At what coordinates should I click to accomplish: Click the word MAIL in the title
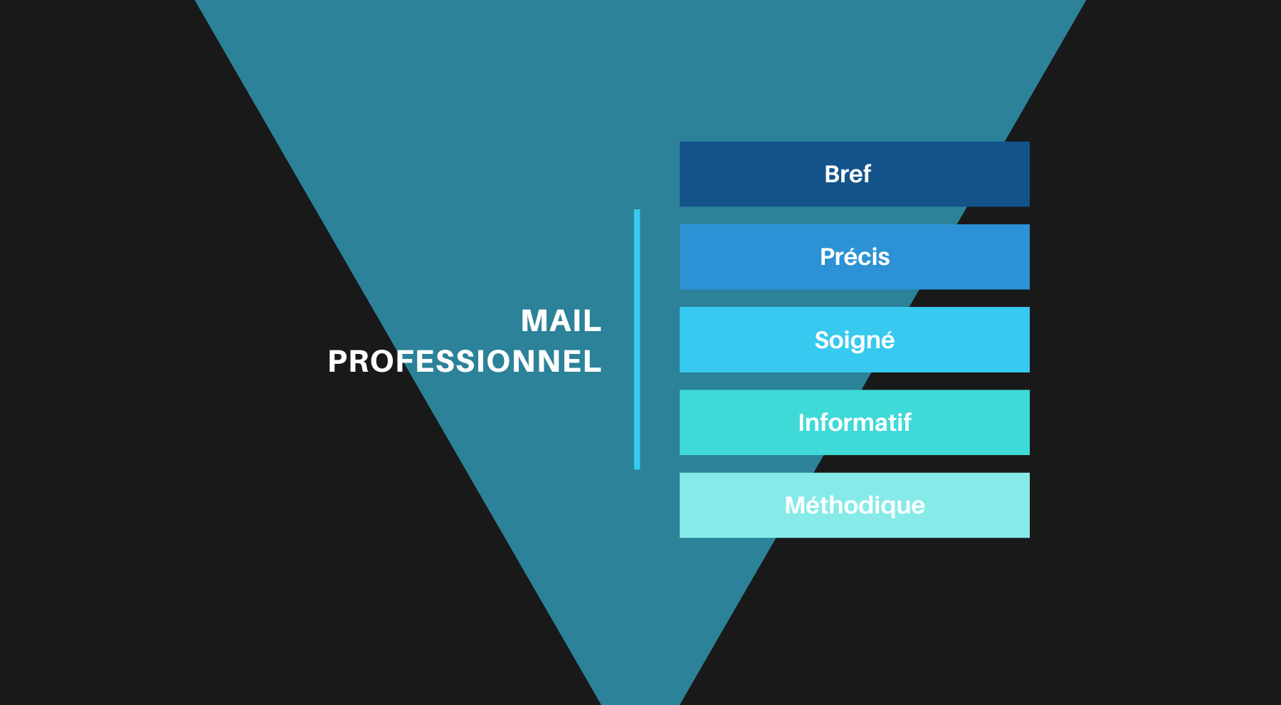pyautogui.click(x=561, y=321)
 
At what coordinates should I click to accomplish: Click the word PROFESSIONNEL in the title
pyautogui.click(x=465, y=362)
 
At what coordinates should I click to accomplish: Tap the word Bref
pyautogui.click(x=847, y=174)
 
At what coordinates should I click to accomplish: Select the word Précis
pyautogui.click(x=854, y=257)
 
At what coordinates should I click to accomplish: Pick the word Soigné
pyautogui.click(x=854, y=340)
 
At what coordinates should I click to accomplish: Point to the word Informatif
pyautogui.click(x=854, y=423)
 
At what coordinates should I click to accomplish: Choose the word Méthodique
pyautogui.click(x=854, y=506)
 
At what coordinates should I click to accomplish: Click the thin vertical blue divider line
pyautogui.click(x=637, y=339)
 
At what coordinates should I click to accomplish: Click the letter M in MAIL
pyautogui.click(x=534, y=321)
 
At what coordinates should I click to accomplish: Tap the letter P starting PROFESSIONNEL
pyautogui.click(x=337, y=362)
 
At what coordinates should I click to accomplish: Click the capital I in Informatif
pyautogui.click(x=801, y=423)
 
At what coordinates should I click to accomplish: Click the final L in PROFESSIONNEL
pyautogui.click(x=594, y=362)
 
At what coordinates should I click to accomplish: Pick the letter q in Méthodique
pyautogui.click(x=880, y=507)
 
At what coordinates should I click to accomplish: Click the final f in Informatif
pyautogui.click(x=907, y=422)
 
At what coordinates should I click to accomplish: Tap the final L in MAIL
pyautogui.click(x=594, y=321)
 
